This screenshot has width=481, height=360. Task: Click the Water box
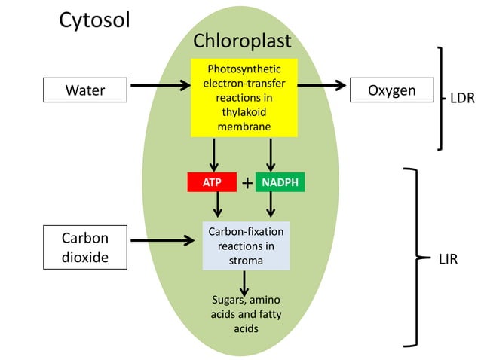[84, 91]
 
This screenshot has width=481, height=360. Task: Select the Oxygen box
[391, 90]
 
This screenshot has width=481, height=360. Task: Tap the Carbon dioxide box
[84, 247]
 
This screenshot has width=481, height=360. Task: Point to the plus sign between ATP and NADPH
[247, 183]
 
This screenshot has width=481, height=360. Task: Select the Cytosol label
[94, 20]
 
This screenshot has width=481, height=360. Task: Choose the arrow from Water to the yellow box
[159, 85]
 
